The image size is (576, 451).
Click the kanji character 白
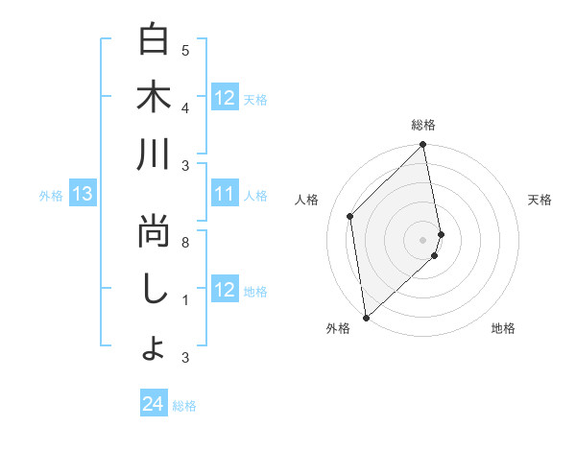pyautogui.click(x=154, y=40)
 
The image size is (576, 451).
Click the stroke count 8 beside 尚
pyautogui.click(x=185, y=243)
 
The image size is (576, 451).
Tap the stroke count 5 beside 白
pyautogui.click(x=185, y=50)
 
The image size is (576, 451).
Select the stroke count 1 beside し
pyautogui.click(x=185, y=300)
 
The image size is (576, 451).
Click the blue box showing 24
pyautogui.click(x=154, y=405)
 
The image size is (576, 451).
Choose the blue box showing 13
pyautogui.click(x=83, y=195)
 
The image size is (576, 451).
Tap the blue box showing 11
pyautogui.click(x=225, y=195)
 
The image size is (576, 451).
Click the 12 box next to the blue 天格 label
pyautogui.click(x=225, y=98)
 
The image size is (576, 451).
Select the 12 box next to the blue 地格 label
pyautogui.click(x=225, y=291)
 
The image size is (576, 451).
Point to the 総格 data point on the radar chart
pyautogui.click(x=422, y=146)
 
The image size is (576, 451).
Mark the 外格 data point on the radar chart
pyautogui.click(x=366, y=317)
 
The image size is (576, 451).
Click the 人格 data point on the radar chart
pyautogui.click(x=350, y=216)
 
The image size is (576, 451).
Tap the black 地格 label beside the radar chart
pyautogui.click(x=503, y=329)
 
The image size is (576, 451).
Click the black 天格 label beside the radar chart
pyautogui.click(x=540, y=200)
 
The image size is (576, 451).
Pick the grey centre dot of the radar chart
pyautogui.click(x=422, y=238)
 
